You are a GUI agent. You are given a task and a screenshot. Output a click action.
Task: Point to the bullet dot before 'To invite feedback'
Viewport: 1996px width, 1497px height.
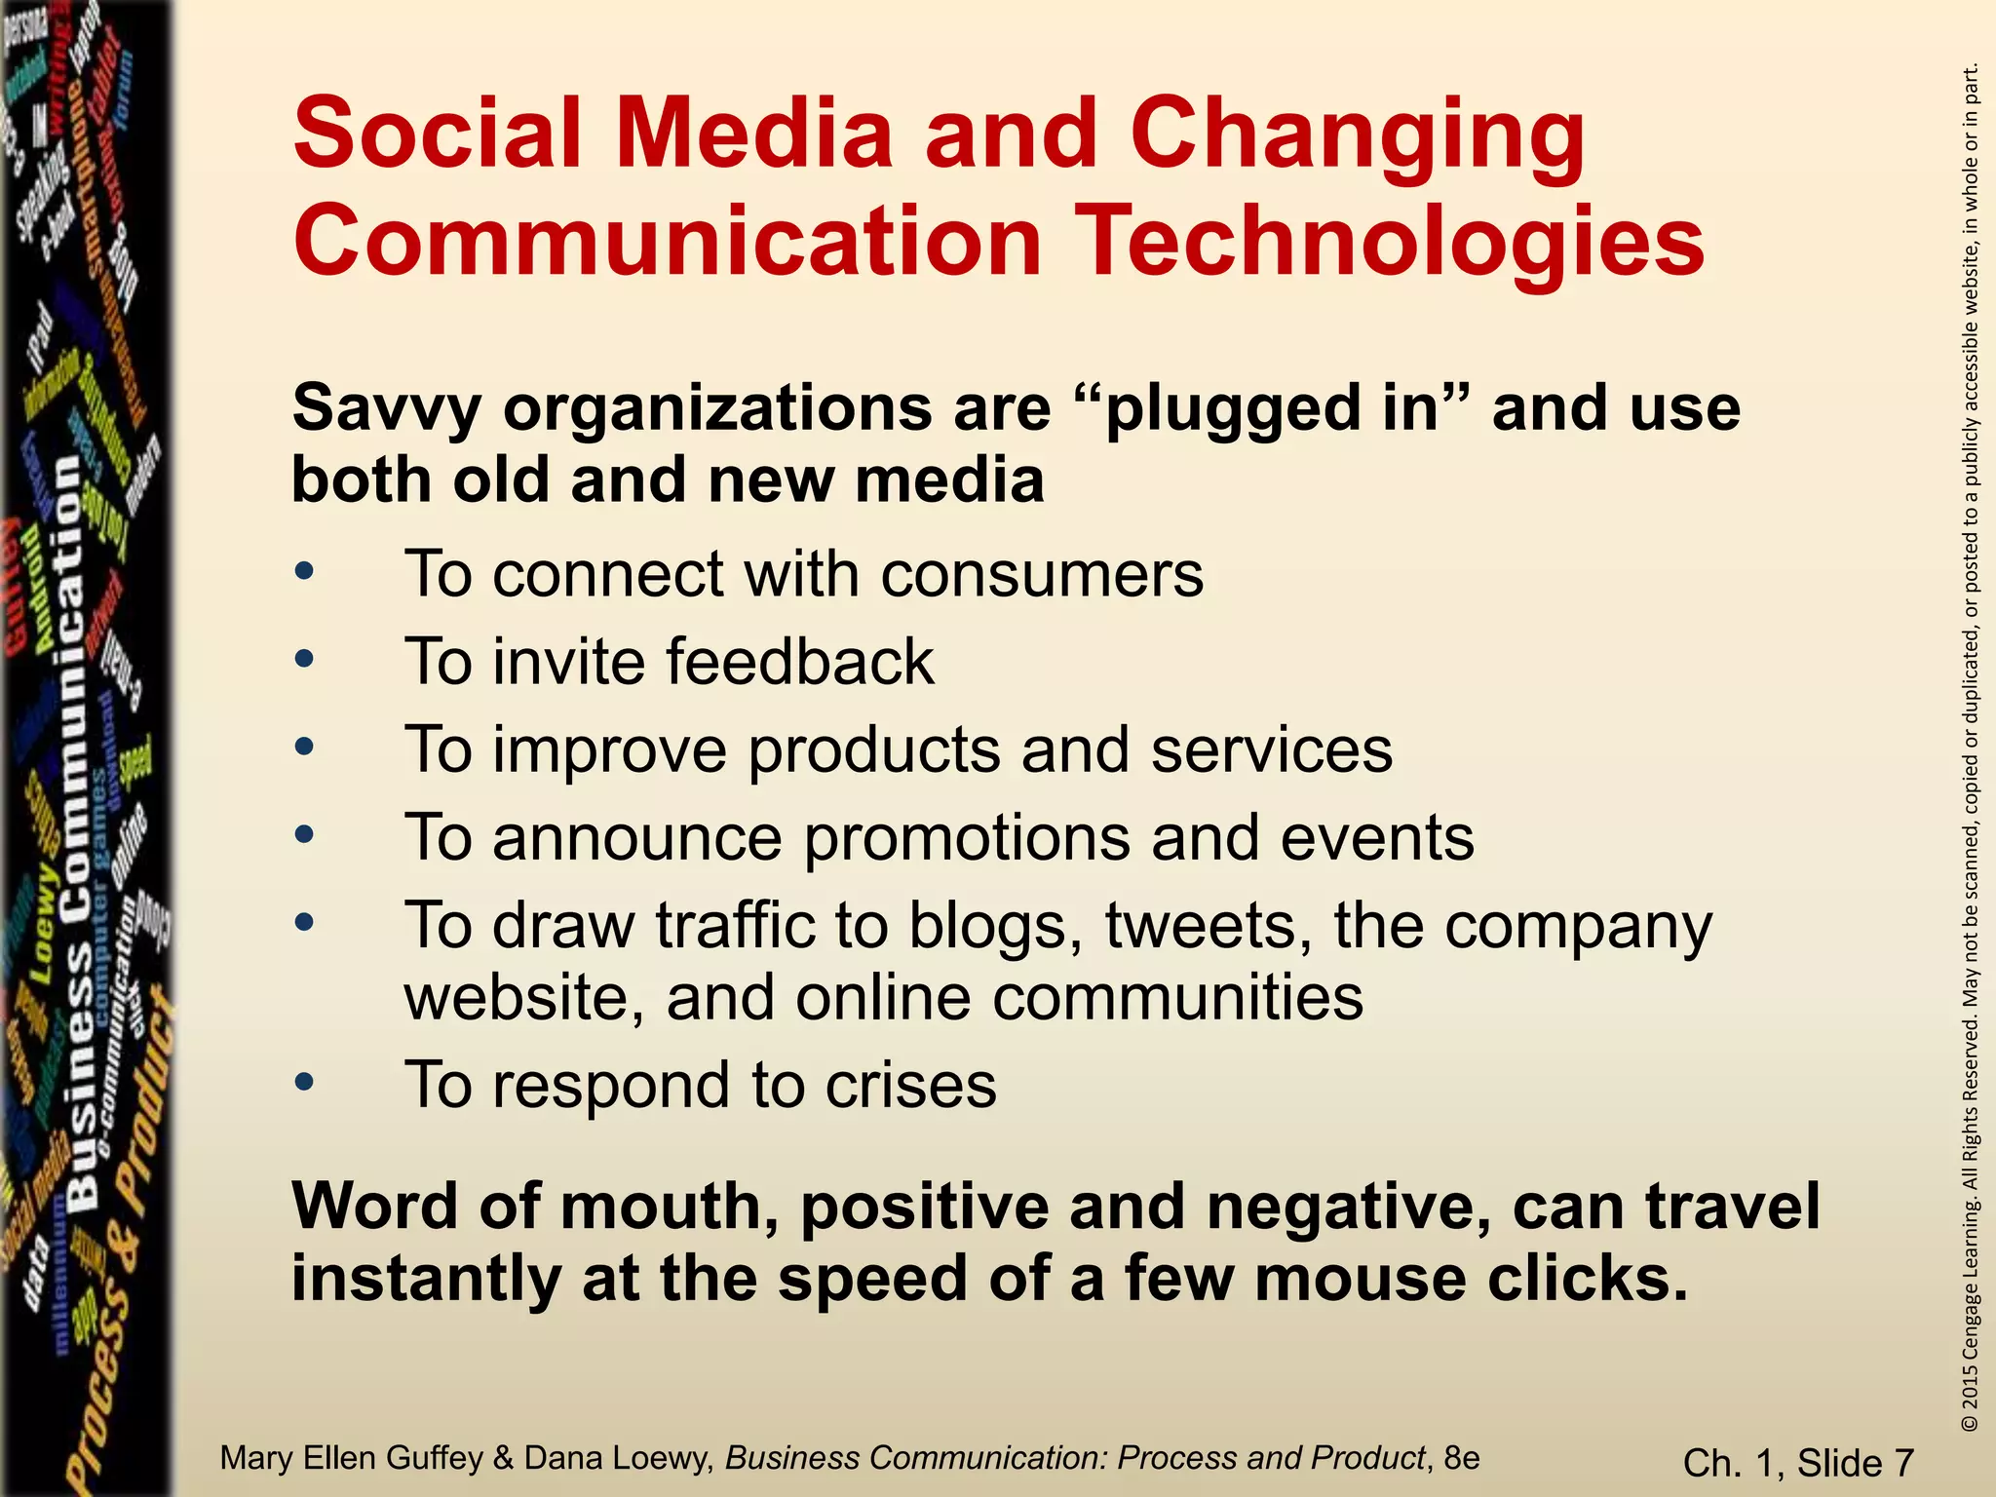pos(305,660)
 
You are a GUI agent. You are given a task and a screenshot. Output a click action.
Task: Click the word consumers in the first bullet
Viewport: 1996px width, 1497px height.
pos(1042,574)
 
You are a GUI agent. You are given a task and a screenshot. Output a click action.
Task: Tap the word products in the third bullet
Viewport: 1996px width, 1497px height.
pos(873,750)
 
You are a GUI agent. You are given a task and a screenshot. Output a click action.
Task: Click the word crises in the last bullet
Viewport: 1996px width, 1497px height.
pos(910,1085)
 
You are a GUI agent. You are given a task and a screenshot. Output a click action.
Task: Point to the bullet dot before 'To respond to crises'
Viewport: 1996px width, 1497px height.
pos(305,1082)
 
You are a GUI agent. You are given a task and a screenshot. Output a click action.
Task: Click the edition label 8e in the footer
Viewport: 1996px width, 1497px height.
pos(1462,1458)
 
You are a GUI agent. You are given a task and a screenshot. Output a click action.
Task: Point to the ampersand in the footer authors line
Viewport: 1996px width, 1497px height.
pos(503,1458)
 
